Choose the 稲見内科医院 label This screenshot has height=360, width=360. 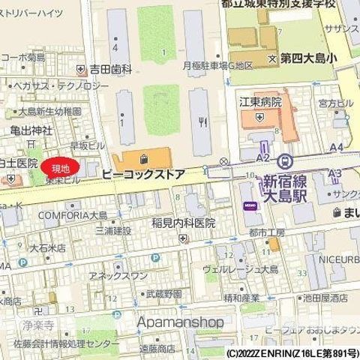[183, 223]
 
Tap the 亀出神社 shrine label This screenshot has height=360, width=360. [31, 129]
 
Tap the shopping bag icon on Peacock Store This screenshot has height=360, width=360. [143, 159]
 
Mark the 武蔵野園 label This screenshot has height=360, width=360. [164, 293]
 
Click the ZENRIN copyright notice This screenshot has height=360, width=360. [292, 352]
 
